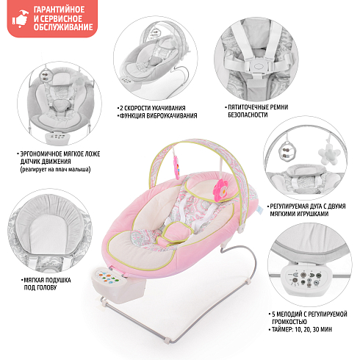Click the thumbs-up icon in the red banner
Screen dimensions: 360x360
[21, 18]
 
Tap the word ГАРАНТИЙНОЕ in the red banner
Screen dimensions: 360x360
[59, 10]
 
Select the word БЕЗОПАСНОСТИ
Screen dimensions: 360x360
[248, 115]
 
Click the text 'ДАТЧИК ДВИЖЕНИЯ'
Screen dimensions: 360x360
[46, 162]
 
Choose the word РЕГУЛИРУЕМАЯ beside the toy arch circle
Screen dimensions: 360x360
[290, 206]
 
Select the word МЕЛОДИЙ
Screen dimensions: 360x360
[289, 314]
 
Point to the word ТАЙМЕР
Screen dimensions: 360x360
[282, 329]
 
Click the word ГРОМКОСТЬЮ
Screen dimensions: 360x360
[289, 322]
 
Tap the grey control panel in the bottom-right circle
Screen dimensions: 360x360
[305, 278]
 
